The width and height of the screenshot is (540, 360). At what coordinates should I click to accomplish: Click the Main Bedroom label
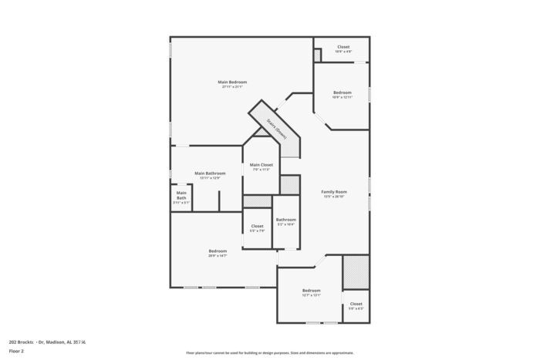[232, 82]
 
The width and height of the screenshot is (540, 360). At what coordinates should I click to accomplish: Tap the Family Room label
[334, 191]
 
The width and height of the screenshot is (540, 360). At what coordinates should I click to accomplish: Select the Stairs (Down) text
[277, 127]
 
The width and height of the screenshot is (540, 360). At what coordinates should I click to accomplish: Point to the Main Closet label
[262, 164]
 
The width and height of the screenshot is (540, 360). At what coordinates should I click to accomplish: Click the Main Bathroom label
[210, 173]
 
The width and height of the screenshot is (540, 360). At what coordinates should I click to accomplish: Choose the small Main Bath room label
[181, 195]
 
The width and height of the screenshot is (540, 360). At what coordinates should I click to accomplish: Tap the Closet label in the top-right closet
[343, 47]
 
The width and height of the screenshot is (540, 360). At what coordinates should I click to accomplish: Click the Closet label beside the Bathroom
[257, 226]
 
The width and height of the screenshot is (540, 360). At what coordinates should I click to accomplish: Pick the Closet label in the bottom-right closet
[356, 304]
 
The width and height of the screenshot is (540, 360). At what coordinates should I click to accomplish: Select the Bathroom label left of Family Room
[286, 220]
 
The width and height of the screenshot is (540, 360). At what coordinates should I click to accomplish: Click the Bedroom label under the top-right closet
[342, 93]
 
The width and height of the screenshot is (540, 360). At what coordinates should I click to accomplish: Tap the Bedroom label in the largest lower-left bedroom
[218, 251]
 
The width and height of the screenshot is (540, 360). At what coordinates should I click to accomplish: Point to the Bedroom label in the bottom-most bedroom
[311, 290]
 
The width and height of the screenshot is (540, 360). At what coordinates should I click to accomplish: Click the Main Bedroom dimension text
[232, 87]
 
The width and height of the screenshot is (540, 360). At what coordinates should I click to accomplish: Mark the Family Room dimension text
[334, 197]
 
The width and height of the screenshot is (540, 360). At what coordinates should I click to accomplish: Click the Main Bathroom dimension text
[210, 178]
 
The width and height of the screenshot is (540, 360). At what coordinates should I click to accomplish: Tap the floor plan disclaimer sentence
[269, 352]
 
